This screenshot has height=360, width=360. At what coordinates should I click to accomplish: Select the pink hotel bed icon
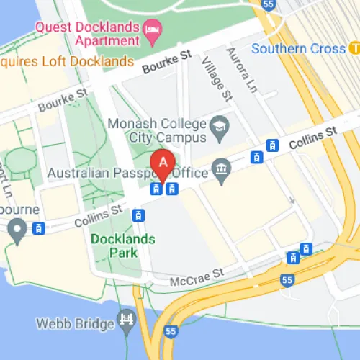(153, 29)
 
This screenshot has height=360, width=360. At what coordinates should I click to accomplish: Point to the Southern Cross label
(299, 49)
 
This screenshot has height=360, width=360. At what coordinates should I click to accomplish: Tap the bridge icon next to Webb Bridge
(127, 319)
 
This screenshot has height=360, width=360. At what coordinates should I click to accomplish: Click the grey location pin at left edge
(17, 229)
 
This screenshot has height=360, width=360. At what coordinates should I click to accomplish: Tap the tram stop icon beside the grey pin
(40, 228)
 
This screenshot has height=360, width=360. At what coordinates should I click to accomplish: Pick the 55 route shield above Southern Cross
(270, 4)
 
